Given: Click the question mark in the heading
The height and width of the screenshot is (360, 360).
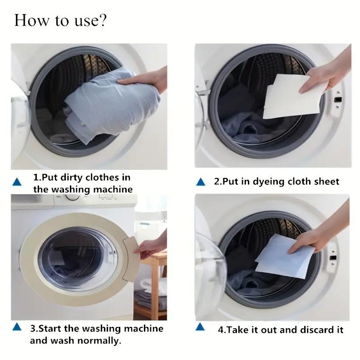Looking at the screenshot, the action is click(103, 20).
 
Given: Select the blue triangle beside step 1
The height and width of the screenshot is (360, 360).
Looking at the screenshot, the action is click(17, 182).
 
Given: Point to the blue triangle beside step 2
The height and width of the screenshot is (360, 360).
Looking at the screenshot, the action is click(201, 182).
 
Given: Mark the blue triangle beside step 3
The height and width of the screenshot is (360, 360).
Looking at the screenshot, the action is click(17, 327).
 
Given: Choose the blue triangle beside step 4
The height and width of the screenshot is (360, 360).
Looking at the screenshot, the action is click(200, 327).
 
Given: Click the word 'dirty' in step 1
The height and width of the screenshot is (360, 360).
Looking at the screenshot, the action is click(71, 178).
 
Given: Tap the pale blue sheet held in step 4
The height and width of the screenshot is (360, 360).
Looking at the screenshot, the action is click(285, 257).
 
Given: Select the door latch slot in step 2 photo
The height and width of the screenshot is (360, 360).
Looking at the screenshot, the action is click(338, 100).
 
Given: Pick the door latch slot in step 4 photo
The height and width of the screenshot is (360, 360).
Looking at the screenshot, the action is click(333, 257).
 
